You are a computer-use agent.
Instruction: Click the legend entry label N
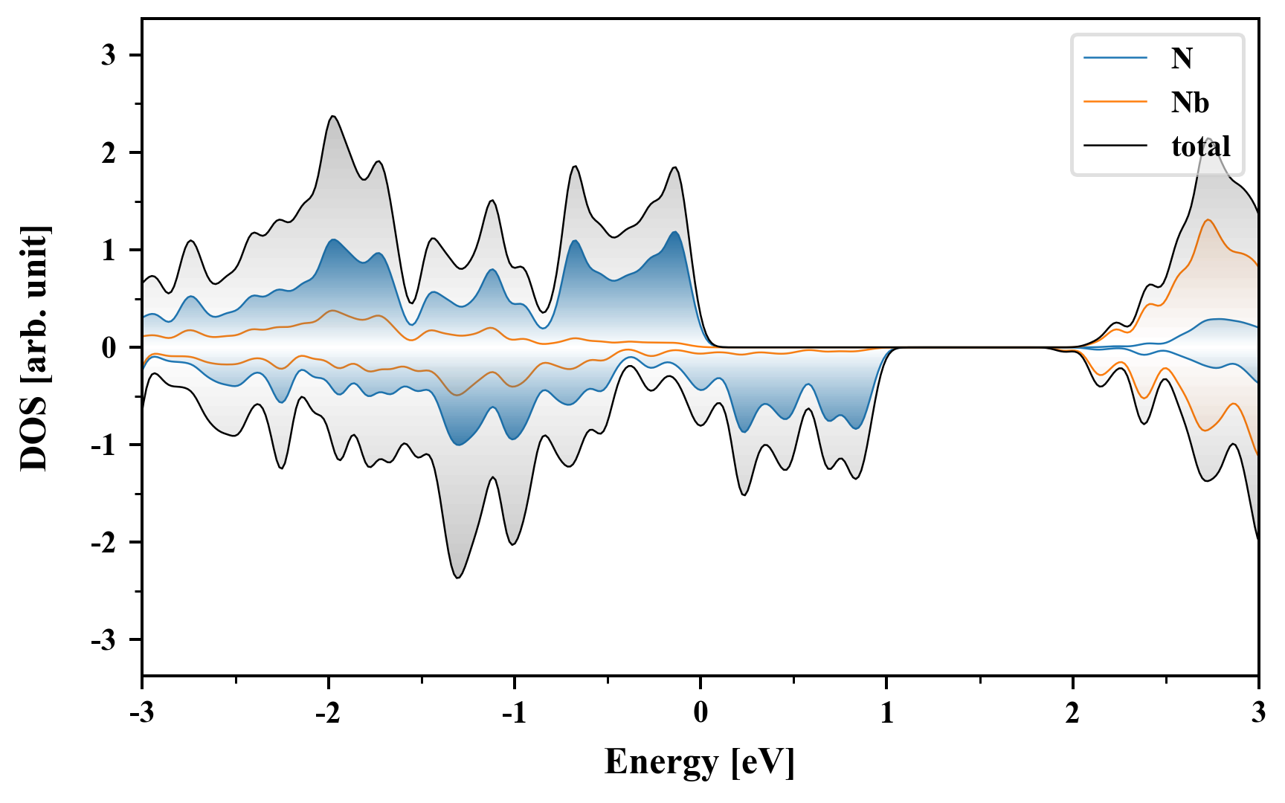point(1182,58)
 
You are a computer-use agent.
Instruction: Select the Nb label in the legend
point(1190,102)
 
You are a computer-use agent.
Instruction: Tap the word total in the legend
point(1201,146)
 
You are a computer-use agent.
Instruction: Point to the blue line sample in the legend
point(1115,58)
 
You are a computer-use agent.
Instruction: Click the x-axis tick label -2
point(328,714)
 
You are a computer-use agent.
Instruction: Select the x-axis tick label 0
point(701,714)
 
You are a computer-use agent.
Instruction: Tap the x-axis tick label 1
point(886,714)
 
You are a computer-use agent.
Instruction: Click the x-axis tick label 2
point(1072,714)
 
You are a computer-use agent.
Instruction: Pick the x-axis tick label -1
point(514,714)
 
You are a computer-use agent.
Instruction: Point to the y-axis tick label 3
point(109,55)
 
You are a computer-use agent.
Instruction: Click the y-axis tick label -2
point(104,543)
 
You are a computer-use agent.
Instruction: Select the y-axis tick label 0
point(109,347)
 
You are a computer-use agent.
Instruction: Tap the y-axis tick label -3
point(104,640)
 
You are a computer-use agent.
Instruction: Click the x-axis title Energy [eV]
point(700,763)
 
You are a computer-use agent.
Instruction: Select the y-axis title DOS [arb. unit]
point(34,347)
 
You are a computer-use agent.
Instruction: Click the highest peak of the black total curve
point(333,116)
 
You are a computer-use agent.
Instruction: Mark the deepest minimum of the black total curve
point(458,578)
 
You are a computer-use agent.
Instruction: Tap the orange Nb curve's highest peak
point(1208,219)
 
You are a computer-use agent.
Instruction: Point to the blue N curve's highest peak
point(674,232)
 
